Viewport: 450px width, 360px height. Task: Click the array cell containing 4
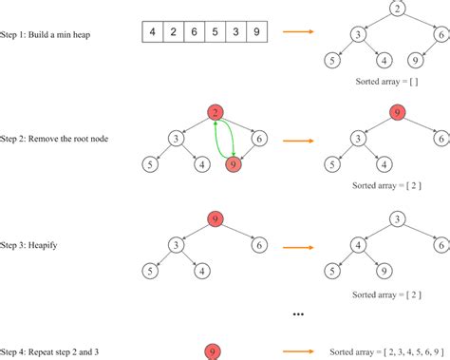pyautogui.click(x=153, y=31)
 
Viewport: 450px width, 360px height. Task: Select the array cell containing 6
pyautogui.click(x=195, y=31)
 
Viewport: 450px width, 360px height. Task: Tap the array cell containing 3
pyautogui.click(x=235, y=31)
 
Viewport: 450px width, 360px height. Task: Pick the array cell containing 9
pyautogui.click(x=256, y=31)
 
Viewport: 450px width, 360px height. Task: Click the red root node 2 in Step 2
pyautogui.click(x=216, y=113)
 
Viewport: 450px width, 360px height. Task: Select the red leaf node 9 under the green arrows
pyautogui.click(x=234, y=164)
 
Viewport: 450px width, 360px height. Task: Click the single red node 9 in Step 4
pyautogui.click(x=213, y=351)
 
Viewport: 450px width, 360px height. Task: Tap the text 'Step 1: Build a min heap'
pyautogui.click(x=46, y=34)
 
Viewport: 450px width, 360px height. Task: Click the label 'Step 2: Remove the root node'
pyautogui.click(x=54, y=139)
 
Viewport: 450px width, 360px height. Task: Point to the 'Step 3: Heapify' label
pyautogui.click(x=28, y=245)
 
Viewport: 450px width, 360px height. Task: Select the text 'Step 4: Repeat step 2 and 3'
pyautogui.click(x=49, y=351)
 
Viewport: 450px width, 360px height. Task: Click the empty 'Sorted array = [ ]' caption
pyautogui.click(x=386, y=82)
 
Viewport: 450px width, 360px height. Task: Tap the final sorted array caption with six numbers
pyautogui.click(x=386, y=351)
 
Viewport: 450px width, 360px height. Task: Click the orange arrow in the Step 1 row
pyautogui.click(x=298, y=31)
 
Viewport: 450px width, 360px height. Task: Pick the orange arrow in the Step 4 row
pyautogui.click(x=298, y=351)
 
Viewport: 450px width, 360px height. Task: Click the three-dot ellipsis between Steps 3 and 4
pyautogui.click(x=298, y=314)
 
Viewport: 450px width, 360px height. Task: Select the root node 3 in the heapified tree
pyautogui.click(x=398, y=219)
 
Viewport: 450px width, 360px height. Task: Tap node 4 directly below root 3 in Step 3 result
pyautogui.click(x=359, y=245)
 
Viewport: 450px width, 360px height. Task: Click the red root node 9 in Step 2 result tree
pyautogui.click(x=398, y=113)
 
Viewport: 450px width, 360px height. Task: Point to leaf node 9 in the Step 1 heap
pyautogui.click(x=416, y=61)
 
